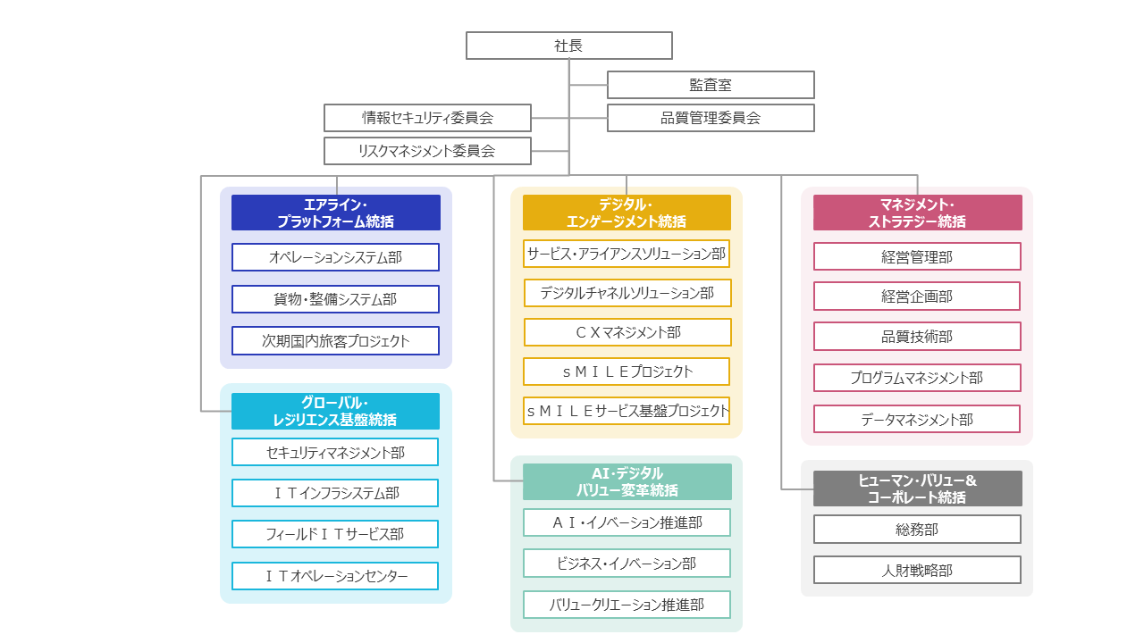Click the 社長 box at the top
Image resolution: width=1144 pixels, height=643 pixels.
[568, 46]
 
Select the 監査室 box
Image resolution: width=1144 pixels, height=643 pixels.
[711, 85]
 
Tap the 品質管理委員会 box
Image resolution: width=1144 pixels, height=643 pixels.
[711, 118]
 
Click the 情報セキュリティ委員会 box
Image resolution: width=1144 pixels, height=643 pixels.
[427, 118]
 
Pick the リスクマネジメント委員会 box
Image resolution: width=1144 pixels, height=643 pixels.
[427, 151]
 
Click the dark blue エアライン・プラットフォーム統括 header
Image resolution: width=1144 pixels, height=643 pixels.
[335, 213]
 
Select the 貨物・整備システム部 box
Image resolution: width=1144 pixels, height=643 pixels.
[335, 299]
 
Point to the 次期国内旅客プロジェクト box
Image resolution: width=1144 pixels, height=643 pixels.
[335, 340]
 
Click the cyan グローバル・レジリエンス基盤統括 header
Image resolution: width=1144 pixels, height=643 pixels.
[335, 411]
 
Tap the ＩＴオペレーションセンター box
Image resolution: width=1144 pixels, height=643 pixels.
[335, 576]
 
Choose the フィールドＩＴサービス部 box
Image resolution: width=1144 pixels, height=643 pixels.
[335, 534]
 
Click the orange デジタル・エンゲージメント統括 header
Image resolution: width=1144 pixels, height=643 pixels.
[627, 213]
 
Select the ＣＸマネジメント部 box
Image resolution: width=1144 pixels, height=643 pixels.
[627, 332]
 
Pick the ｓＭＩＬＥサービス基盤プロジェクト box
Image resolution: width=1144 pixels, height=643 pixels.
[627, 411]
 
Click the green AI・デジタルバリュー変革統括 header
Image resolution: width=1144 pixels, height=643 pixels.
[627, 481]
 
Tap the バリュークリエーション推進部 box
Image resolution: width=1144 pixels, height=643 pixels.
[627, 605]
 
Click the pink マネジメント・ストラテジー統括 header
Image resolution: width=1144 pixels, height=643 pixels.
[917, 213]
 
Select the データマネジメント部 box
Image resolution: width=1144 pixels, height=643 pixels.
[917, 419]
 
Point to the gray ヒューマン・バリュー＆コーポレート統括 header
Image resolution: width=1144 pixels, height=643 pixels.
[917, 489]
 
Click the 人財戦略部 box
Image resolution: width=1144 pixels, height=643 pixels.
[917, 570]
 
